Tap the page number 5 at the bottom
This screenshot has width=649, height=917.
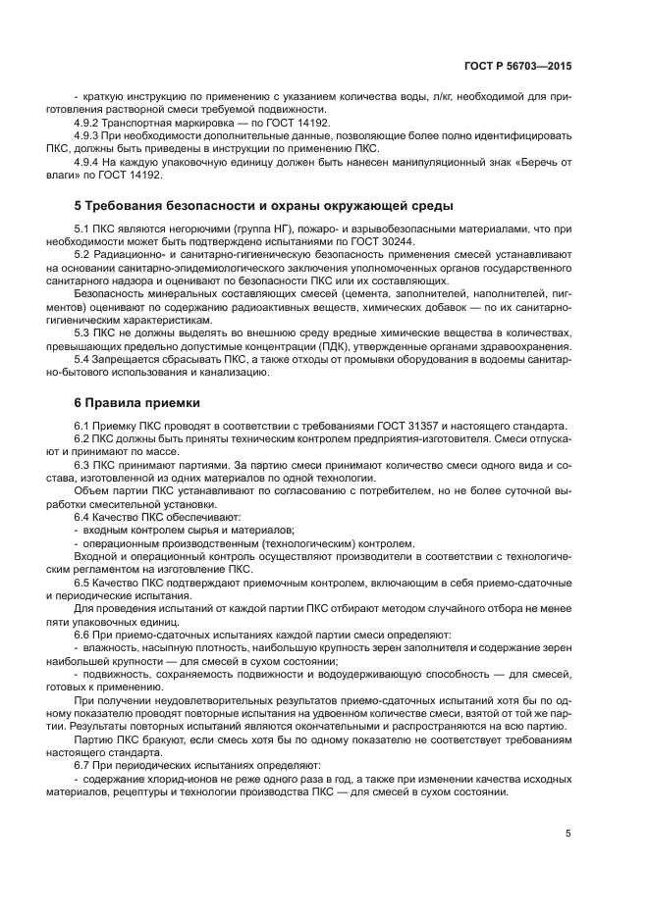coord(568,834)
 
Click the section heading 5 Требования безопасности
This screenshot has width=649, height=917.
coord(264,206)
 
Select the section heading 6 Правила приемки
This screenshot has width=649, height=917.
coord(137,402)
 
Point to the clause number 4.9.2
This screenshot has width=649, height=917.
coord(88,123)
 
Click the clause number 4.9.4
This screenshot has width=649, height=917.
coord(88,161)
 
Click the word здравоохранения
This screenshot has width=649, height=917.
coord(521,346)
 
